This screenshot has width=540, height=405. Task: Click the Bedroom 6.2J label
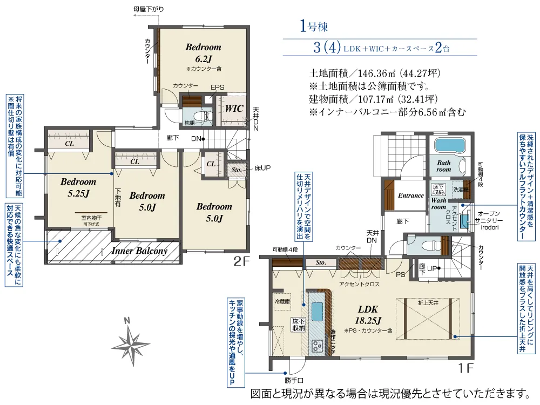[203, 53]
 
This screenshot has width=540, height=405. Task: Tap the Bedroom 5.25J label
[78, 187]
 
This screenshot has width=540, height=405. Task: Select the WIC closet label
[234, 109]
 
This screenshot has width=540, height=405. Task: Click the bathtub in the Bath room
[449, 146]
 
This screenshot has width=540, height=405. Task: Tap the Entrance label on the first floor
[410, 195]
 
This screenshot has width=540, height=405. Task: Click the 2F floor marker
[241, 262]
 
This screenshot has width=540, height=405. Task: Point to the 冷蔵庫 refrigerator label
[282, 301]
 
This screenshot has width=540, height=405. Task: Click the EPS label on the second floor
[217, 87]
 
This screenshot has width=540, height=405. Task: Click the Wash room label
[438, 204]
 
